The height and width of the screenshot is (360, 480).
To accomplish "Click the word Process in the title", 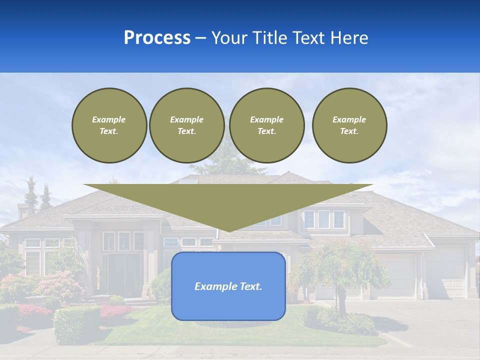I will point(157,38).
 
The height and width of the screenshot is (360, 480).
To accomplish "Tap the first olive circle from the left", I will point(109,125).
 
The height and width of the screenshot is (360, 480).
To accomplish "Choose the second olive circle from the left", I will point(186,125).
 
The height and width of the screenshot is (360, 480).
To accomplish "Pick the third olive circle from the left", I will point(266,125).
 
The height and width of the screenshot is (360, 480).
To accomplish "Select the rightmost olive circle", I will point(349,125).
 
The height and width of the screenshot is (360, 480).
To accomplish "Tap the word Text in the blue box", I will point(251,286).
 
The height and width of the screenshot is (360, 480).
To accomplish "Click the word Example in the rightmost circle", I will point(349,119).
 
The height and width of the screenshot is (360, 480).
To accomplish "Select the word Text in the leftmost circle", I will point(109,131).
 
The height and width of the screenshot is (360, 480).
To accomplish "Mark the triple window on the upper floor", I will point(324,219).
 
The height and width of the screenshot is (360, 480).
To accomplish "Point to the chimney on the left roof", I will point(23,210).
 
